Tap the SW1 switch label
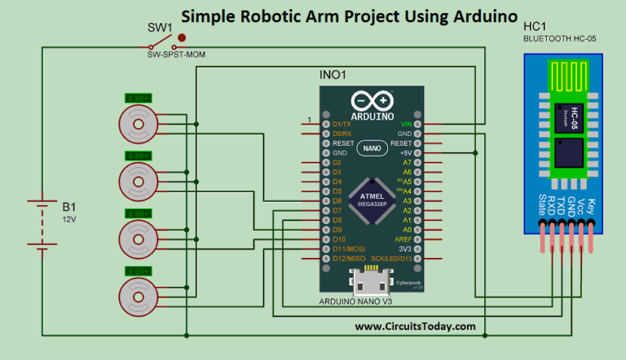coord(160,28)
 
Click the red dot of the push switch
coord(182,37)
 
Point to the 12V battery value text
coord(69,219)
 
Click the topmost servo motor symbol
coord(137,125)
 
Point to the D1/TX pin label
coord(342,124)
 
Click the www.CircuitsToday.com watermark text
coord(415,326)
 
